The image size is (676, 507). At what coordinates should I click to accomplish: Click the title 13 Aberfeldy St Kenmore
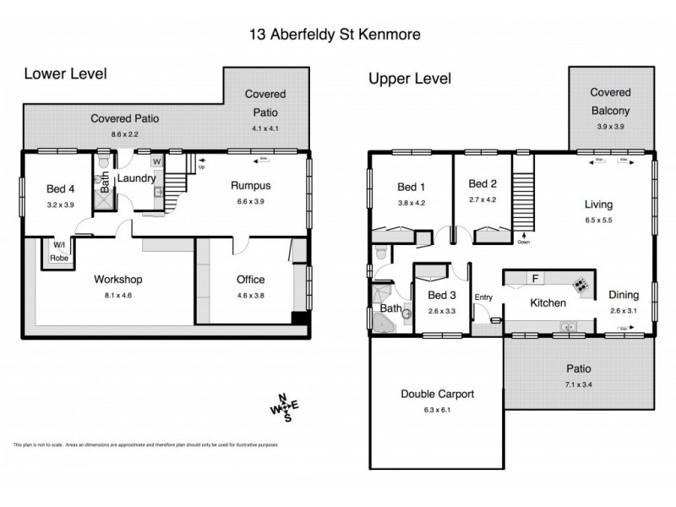click(x=338, y=35)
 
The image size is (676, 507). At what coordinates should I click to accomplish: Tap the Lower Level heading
click(x=65, y=74)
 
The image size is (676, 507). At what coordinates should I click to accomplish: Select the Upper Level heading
click(x=409, y=79)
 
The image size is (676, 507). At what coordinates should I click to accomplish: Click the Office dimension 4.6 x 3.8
click(x=250, y=296)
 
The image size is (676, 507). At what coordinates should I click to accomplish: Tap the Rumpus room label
click(x=251, y=186)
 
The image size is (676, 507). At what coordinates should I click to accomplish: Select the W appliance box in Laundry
click(x=157, y=161)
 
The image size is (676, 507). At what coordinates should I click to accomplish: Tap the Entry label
click(x=483, y=297)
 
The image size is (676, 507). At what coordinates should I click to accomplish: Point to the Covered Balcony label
click(x=611, y=101)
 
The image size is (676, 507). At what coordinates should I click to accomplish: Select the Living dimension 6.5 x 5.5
click(x=598, y=220)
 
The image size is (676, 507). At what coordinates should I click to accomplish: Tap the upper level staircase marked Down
click(x=524, y=194)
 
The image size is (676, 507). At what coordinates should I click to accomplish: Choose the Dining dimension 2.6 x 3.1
click(x=624, y=311)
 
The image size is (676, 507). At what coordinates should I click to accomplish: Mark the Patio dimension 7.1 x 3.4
click(x=579, y=384)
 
